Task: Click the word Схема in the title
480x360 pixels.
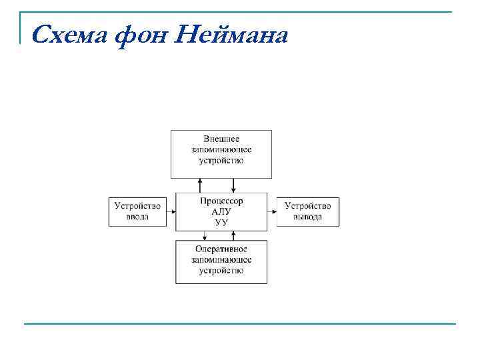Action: tap(68, 33)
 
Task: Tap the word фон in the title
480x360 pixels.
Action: tap(141, 34)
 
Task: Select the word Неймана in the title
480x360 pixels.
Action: tap(233, 33)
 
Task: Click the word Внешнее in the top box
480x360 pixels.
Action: tap(221, 139)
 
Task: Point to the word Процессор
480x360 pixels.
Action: tap(221, 201)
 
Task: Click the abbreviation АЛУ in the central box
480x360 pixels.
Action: tap(221, 211)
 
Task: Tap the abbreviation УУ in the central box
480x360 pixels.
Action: tap(221, 222)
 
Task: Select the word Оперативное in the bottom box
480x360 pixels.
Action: tap(221, 249)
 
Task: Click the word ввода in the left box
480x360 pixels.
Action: tap(137, 217)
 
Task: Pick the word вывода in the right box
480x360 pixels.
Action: tap(307, 217)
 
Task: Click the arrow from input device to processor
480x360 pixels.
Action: tap(171, 211)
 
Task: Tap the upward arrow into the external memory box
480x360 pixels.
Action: tap(199, 185)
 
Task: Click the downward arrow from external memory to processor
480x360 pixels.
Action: tap(233, 185)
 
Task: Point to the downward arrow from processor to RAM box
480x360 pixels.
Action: tap(204, 235)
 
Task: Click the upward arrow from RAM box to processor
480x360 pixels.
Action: tap(239, 235)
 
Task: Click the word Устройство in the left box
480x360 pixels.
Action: tap(137, 206)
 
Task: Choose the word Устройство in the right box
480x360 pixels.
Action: tap(307, 206)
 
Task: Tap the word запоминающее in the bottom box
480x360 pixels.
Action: tap(221, 259)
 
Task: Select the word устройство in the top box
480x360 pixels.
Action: tap(221, 160)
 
